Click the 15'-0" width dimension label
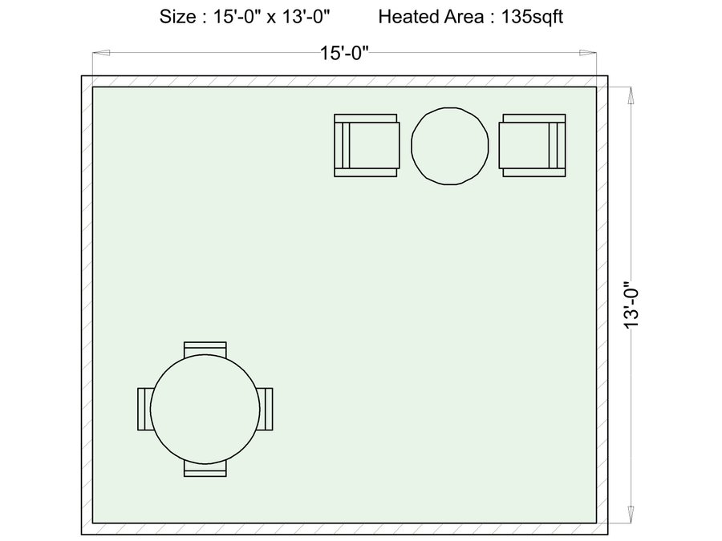tap(344, 53)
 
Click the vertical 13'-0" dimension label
tap(632, 305)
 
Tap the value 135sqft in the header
tap(532, 17)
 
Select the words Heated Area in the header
tap(431, 17)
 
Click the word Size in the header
tap(177, 17)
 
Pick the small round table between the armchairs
tap(450, 147)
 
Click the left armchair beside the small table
tap(367, 145)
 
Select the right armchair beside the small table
tap(533, 145)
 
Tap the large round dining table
tap(205, 409)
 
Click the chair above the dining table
tap(205, 349)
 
